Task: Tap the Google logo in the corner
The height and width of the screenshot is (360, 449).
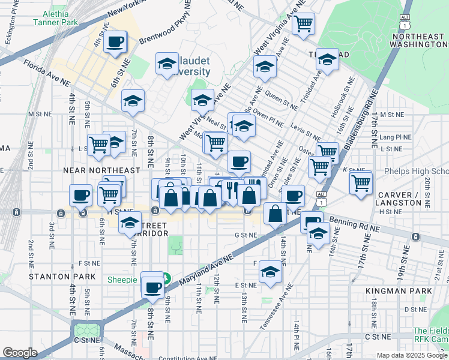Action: (20, 353)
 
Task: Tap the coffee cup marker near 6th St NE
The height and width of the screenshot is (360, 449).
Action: (115, 42)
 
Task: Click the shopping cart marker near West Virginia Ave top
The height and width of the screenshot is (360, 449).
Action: (304, 24)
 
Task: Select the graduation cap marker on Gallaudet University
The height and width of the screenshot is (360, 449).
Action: (167, 64)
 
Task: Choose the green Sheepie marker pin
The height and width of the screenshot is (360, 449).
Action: (167, 279)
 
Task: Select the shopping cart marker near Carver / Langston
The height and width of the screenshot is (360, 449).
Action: (360, 182)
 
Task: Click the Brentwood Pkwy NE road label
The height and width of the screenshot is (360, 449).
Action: (166, 30)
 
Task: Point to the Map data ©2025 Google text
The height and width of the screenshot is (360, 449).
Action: (411, 355)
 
